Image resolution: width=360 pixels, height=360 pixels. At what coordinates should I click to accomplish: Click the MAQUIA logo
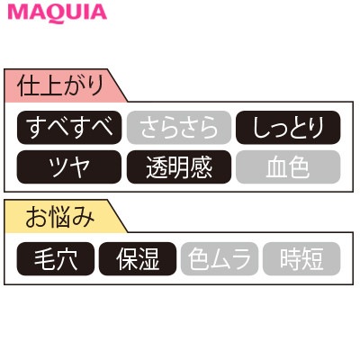coord(58,13)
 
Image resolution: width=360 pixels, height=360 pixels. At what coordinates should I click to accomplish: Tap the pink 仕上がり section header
coord(60,85)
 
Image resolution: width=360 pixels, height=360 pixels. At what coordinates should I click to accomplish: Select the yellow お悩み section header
coord(60,216)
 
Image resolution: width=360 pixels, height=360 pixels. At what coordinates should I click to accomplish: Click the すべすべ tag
coord(69,128)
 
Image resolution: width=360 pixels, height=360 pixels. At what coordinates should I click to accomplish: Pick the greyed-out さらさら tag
coord(179,128)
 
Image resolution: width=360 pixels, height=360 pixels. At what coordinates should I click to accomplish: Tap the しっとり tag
coord(288,128)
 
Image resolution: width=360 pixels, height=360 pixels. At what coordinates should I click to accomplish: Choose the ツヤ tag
coord(69,166)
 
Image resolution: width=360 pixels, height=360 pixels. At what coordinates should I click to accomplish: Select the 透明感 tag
coord(179,166)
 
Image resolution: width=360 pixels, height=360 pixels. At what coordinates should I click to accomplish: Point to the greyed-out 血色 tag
coord(288,166)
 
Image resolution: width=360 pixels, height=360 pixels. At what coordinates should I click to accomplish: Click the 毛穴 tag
coord(56,258)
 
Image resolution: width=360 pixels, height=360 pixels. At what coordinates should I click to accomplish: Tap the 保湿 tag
coord(138,258)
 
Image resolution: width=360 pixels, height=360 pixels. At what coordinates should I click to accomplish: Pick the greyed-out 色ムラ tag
coord(220,258)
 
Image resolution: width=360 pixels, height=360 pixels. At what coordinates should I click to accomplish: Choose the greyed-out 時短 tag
coord(301,258)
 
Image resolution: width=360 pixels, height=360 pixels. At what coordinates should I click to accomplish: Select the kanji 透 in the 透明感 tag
coord(157,167)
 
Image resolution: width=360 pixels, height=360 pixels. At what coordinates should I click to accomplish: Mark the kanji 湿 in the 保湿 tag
coord(148,259)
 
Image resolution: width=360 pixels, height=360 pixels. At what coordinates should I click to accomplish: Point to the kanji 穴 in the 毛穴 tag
coord(67,259)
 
